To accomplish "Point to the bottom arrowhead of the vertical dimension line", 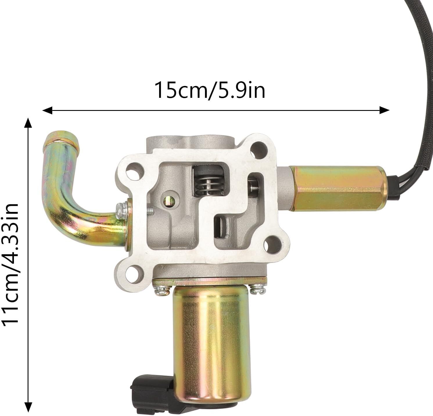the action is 28,405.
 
